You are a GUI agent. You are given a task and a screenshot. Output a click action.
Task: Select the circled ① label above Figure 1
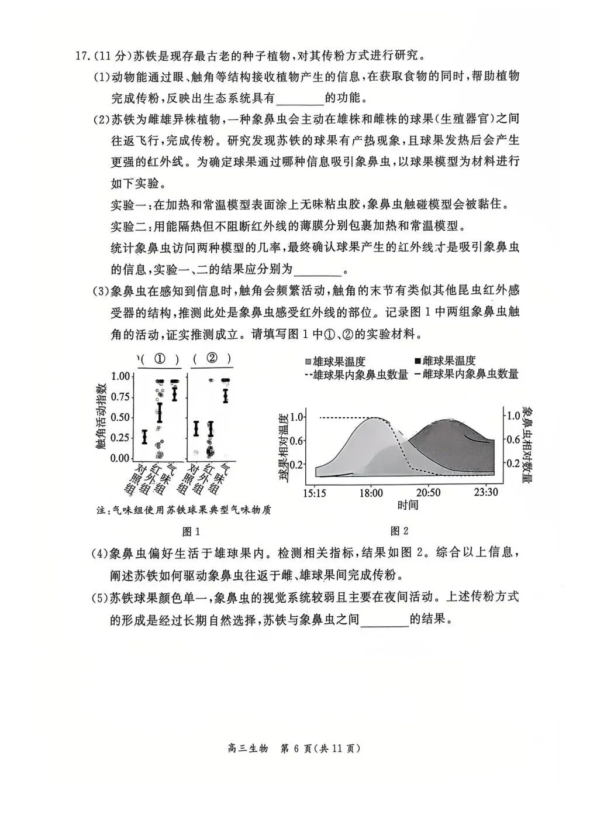tap(160, 358)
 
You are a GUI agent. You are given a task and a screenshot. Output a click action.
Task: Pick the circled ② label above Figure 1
tap(212, 358)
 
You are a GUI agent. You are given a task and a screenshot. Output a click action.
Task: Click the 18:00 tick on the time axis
tap(371, 493)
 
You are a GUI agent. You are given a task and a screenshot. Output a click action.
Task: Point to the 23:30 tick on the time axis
tap(486, 493)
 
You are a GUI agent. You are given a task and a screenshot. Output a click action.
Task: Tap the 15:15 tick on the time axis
tap(315, 493)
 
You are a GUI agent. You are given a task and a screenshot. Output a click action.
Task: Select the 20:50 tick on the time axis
tap(428, 493)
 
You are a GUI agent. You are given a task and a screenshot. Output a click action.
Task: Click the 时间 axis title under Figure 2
tap(408, 504)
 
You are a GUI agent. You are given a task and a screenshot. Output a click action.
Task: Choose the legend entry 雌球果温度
tap(444, 360)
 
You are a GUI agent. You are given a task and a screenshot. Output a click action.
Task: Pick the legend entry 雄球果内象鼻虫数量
tap(356, 375)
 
